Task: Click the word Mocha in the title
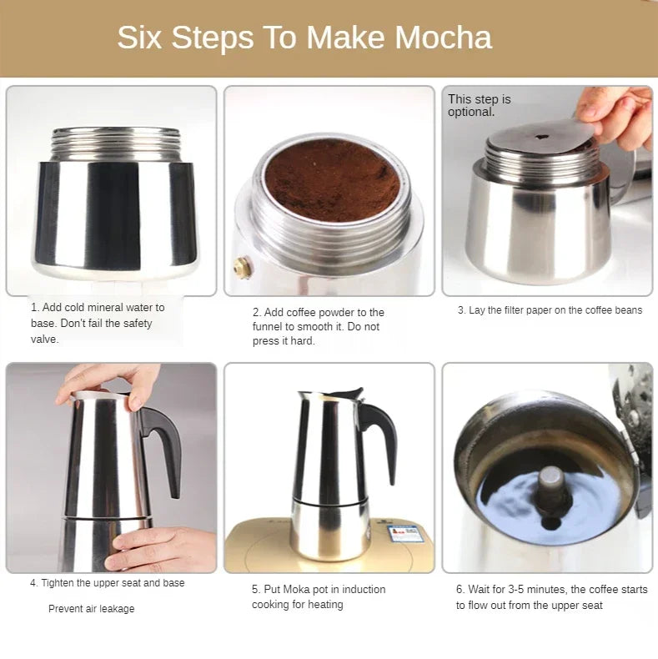coord(443,38)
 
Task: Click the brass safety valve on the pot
coord(241,267)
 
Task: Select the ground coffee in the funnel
coord(331,179)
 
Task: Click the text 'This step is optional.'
coord(479,105)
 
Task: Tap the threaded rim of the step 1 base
coord(115,144)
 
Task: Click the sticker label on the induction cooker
coord(405,534)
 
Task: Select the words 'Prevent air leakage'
coord(91,609)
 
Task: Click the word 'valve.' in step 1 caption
coord(45,340)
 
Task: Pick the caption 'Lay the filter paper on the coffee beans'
coord(555,310)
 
